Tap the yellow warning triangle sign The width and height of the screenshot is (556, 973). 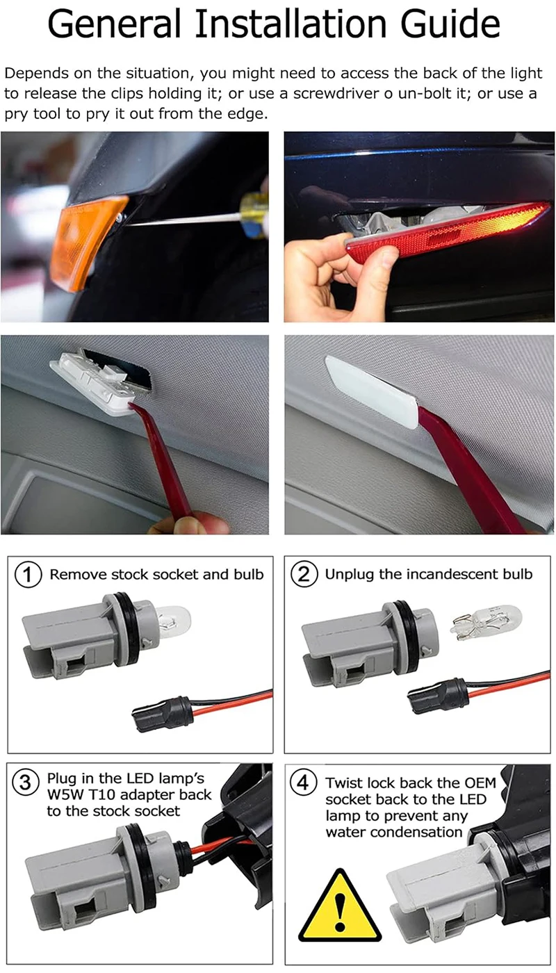(x=340, y=906)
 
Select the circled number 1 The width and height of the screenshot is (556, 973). (x=28, y=575)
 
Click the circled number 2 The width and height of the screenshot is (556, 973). (x=304, y=574)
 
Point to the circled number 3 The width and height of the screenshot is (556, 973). (x=26, y=783)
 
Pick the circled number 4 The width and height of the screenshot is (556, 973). (x=303, y=783)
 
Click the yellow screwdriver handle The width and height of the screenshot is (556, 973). (x=255, y=215)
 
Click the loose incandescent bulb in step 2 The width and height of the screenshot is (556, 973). (x=486, y=620)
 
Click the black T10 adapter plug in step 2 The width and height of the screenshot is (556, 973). (x=438, y=696)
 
